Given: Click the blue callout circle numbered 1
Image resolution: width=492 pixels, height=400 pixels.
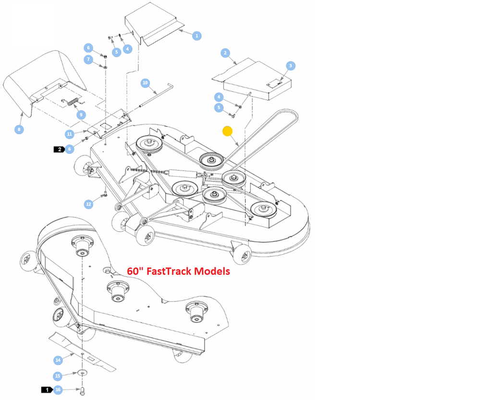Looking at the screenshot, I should point(197,36).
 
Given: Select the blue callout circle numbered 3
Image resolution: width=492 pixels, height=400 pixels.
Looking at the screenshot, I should point(290,65).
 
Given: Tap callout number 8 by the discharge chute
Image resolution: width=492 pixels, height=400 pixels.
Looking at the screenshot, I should point(19,129).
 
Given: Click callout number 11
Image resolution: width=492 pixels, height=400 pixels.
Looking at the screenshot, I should point(70,134).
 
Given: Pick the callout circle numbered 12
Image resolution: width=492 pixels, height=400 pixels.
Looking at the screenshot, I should point(88,204).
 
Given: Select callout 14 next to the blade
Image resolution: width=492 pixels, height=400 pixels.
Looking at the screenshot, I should point(58,360).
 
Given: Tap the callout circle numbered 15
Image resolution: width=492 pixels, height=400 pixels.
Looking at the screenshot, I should point(58,375).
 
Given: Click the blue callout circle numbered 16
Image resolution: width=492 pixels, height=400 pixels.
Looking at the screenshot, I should point(58,389).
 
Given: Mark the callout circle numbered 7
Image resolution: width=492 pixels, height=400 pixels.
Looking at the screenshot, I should point(88,60).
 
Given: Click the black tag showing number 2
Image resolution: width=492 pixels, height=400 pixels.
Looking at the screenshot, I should point(59,150).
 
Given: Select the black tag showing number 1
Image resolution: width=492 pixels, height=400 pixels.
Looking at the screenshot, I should point(47,389).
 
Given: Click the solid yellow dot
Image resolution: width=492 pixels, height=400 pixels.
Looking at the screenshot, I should point(227,131).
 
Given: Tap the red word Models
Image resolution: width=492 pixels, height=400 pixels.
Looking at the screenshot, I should point(211,271).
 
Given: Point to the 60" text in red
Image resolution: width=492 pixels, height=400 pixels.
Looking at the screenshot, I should point(135,271).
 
